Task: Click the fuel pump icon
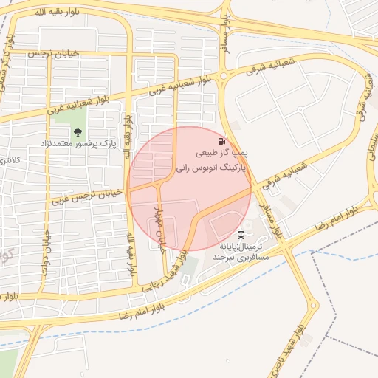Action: (221, 141)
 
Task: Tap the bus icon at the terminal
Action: (241, 235)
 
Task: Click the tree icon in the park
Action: (78, 132)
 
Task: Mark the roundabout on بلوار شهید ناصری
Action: (314, 305)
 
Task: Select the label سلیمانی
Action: (371, 148)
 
